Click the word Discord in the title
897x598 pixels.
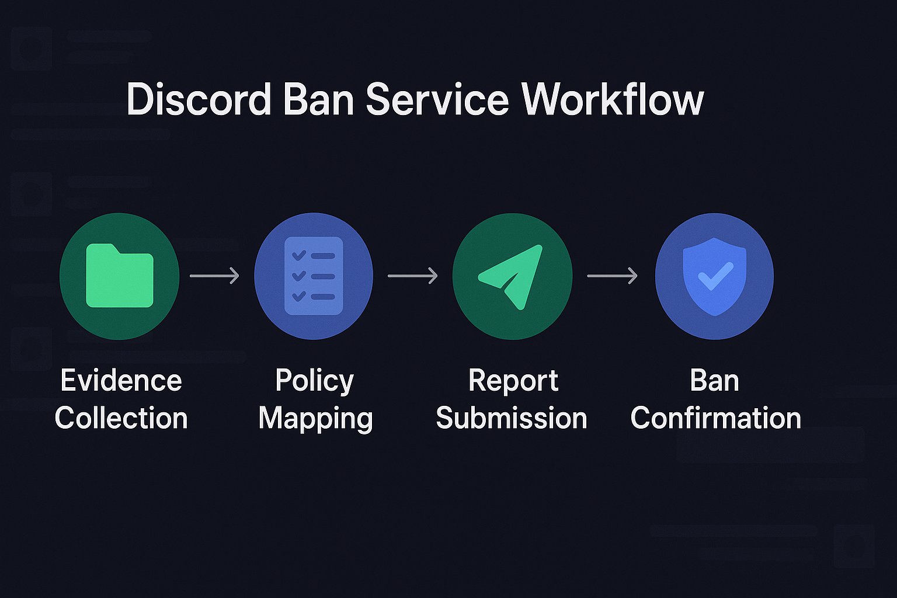click(199, 99)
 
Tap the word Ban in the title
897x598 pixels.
click(319, 99)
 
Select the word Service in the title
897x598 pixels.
click(437, 99)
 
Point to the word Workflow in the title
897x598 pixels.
click(613, 99)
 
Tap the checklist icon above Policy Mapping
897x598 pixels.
click(314, 276)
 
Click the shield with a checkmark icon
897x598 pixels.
click(714, 276)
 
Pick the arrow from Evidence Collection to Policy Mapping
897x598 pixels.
click(214, 276)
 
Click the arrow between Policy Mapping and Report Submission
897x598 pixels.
click(412, 276)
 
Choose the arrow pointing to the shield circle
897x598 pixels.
click(612, 276)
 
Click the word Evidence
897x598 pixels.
click(121, 381)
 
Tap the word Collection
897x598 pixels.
click(121, 418)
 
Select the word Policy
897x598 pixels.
click(314, 381)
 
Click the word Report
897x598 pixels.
click(513, 381)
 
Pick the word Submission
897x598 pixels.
click(511, 418)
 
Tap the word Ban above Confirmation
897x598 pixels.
click(714, 381)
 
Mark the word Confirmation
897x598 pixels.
click(715, 418)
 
